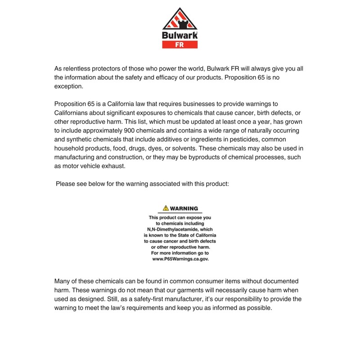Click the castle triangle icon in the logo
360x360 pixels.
click(x=180, y=19)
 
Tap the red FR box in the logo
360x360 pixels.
click(x=180, y=45)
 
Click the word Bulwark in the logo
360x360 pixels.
click(x=180, y=35)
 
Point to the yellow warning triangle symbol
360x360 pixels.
click(x=166, y=208)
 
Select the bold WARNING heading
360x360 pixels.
click(x=184, y=208)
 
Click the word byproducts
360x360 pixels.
click(x=200, y=157)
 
